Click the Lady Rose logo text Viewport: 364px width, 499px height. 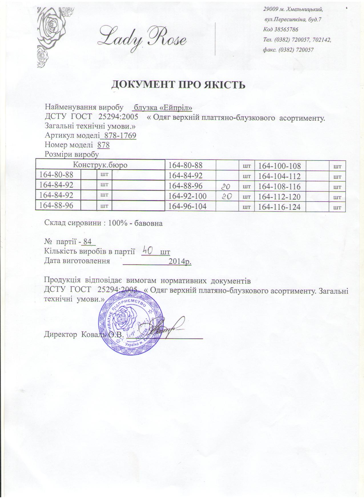(142, 38)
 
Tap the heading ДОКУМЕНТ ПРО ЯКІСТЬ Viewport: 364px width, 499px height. (178, 84)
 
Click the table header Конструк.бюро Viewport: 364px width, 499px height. (100, 165)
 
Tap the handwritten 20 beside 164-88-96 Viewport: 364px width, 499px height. (227, 186)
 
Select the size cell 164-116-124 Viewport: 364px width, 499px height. (279, 207)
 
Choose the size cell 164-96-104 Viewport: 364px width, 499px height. (187, 206)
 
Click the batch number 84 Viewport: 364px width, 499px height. (87, 242)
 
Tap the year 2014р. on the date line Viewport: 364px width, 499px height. (180, 261)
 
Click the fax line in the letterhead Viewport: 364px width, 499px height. (288, 50)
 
